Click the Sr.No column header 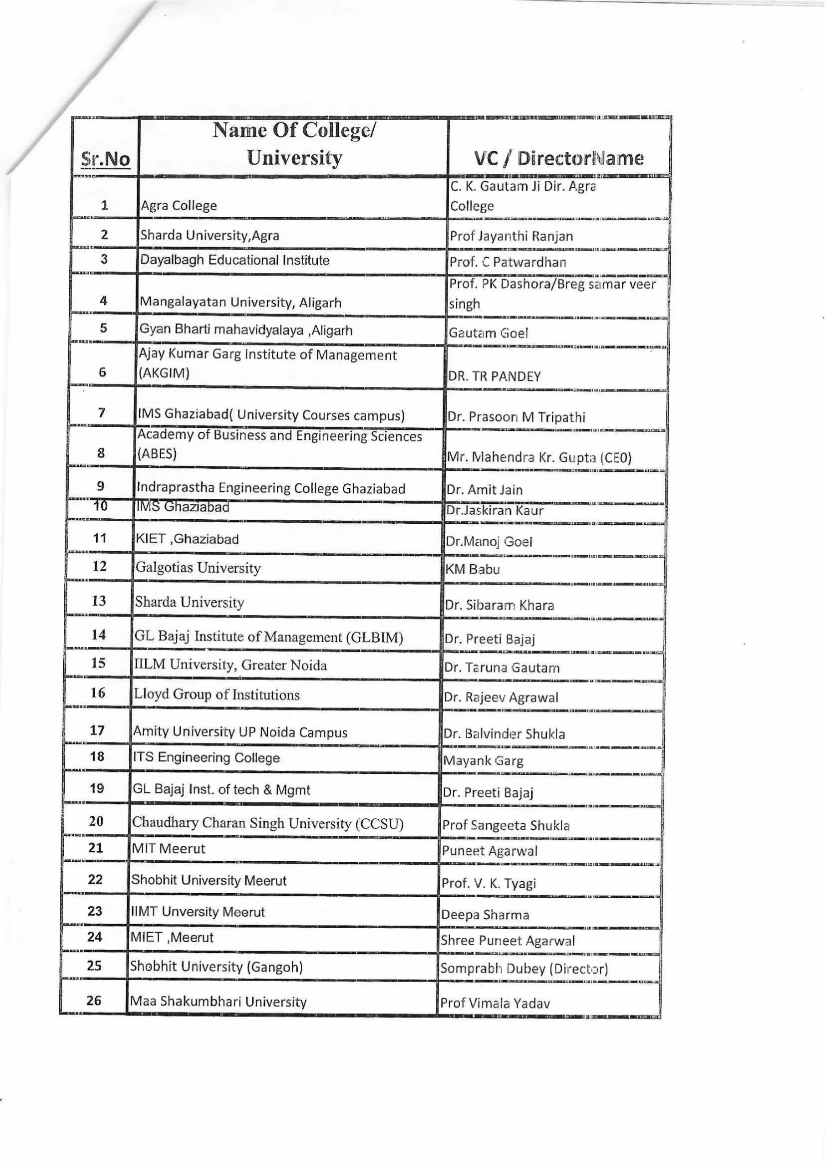(106, 159)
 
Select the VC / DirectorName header (559, 158)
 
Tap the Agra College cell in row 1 (179, 206)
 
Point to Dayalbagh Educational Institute (234, 260)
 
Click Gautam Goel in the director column (488, 333)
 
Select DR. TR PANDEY (494, 377)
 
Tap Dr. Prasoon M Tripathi (516, 418)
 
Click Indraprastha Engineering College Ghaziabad (271, 489)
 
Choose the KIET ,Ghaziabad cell (187, 539)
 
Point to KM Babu (473, 569)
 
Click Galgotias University (198, 568)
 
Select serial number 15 (97, 663)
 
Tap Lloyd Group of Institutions (216, 695)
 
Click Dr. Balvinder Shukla (504, 734)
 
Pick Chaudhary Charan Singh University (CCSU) (268, 823)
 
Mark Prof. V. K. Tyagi (489, 884)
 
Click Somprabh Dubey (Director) (524, 968)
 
